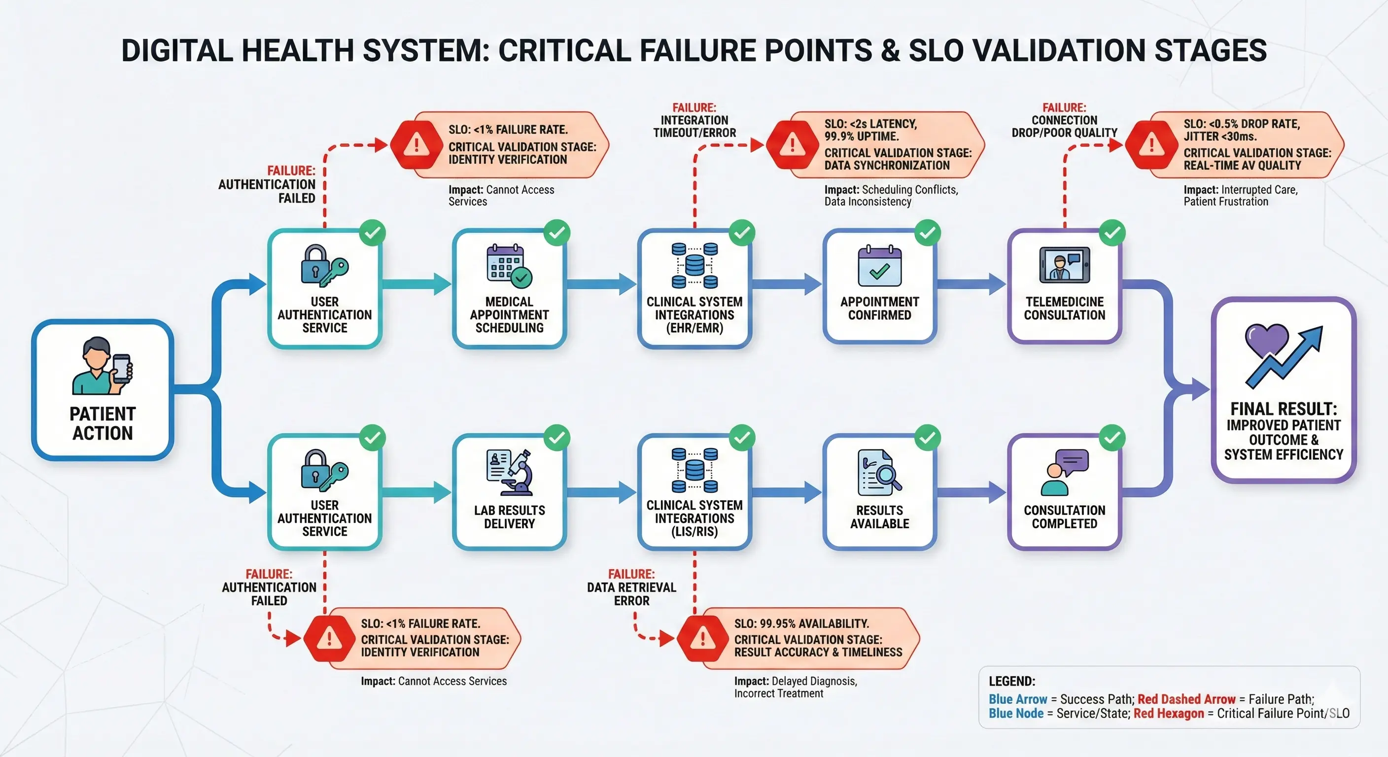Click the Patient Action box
point(103,389)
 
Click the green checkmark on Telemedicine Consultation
point(1112,233)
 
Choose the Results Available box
point(879,491)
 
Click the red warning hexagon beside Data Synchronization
point(792,144)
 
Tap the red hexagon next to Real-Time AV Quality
point(1151,144)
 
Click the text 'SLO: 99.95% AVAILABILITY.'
point(801,623)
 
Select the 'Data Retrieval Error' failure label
point(631,588)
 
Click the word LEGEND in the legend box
point(1011,681)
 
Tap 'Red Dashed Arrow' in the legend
point(1186,699)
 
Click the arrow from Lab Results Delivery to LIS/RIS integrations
point(601,491)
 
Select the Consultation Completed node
point(1064,491)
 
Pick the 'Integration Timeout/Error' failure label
point(694,121)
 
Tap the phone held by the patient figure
point(122,368)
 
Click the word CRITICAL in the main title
point(565,51)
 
